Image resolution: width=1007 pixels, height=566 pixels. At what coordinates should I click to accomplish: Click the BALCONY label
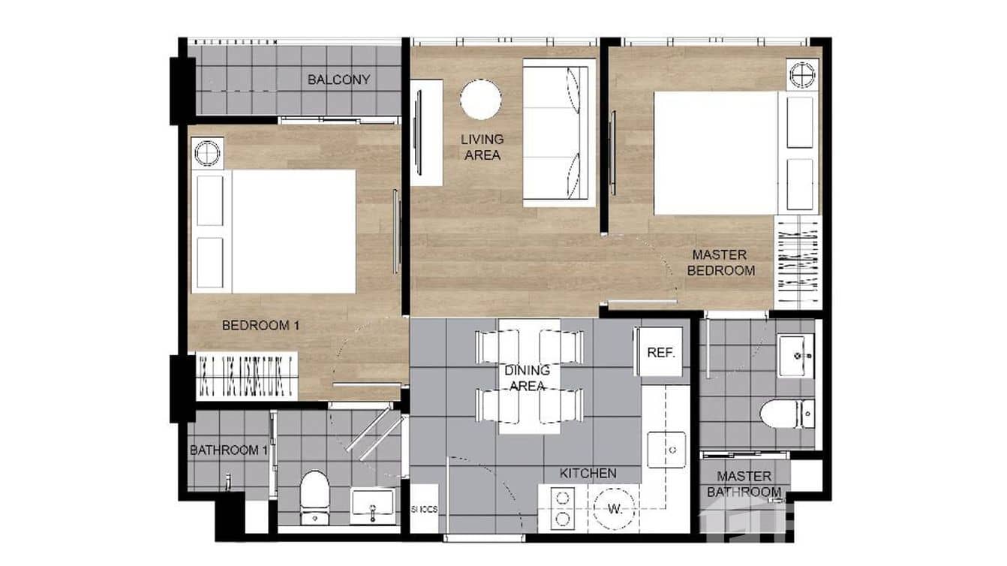(338, 80)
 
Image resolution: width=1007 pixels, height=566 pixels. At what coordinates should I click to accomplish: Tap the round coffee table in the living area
(480, 100)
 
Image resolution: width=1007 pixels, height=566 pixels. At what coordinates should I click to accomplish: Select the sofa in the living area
(558, 132)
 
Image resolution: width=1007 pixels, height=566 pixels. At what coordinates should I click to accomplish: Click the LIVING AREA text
(482, 147)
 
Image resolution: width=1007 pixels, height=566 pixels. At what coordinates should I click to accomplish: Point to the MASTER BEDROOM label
(720, 263)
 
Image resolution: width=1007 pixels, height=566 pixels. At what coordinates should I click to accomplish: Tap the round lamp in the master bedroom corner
(801, 74)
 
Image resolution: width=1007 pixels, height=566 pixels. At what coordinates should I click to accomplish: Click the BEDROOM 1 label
(260, 326)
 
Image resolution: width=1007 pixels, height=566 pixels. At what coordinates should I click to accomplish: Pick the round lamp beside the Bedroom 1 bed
(207, 152)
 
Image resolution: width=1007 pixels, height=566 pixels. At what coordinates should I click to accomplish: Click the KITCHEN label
(588, 474)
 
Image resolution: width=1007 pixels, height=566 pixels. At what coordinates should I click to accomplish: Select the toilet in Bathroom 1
(314, 495)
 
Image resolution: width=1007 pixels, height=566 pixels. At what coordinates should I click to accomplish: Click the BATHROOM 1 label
(228, 450)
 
